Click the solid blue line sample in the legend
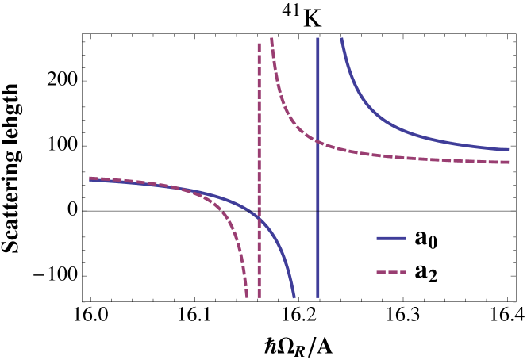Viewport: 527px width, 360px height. tap(390, 238)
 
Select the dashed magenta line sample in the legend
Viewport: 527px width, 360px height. tap(390, 272)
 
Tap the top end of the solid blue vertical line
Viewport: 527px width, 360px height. tap(318, 38)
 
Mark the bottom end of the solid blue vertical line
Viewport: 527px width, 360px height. tap(318, 297)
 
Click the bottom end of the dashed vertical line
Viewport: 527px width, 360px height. tap(259, 297)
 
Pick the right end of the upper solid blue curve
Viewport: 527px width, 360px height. tap(508, 149)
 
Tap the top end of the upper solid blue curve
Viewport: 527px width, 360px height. tap(341, 38)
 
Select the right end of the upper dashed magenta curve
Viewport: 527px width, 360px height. tap(508, 162)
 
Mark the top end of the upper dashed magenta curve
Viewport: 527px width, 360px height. tap(271, 38)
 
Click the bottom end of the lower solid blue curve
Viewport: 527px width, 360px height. tap(294, 297)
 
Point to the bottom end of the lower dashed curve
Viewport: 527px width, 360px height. tap(247, 297)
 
